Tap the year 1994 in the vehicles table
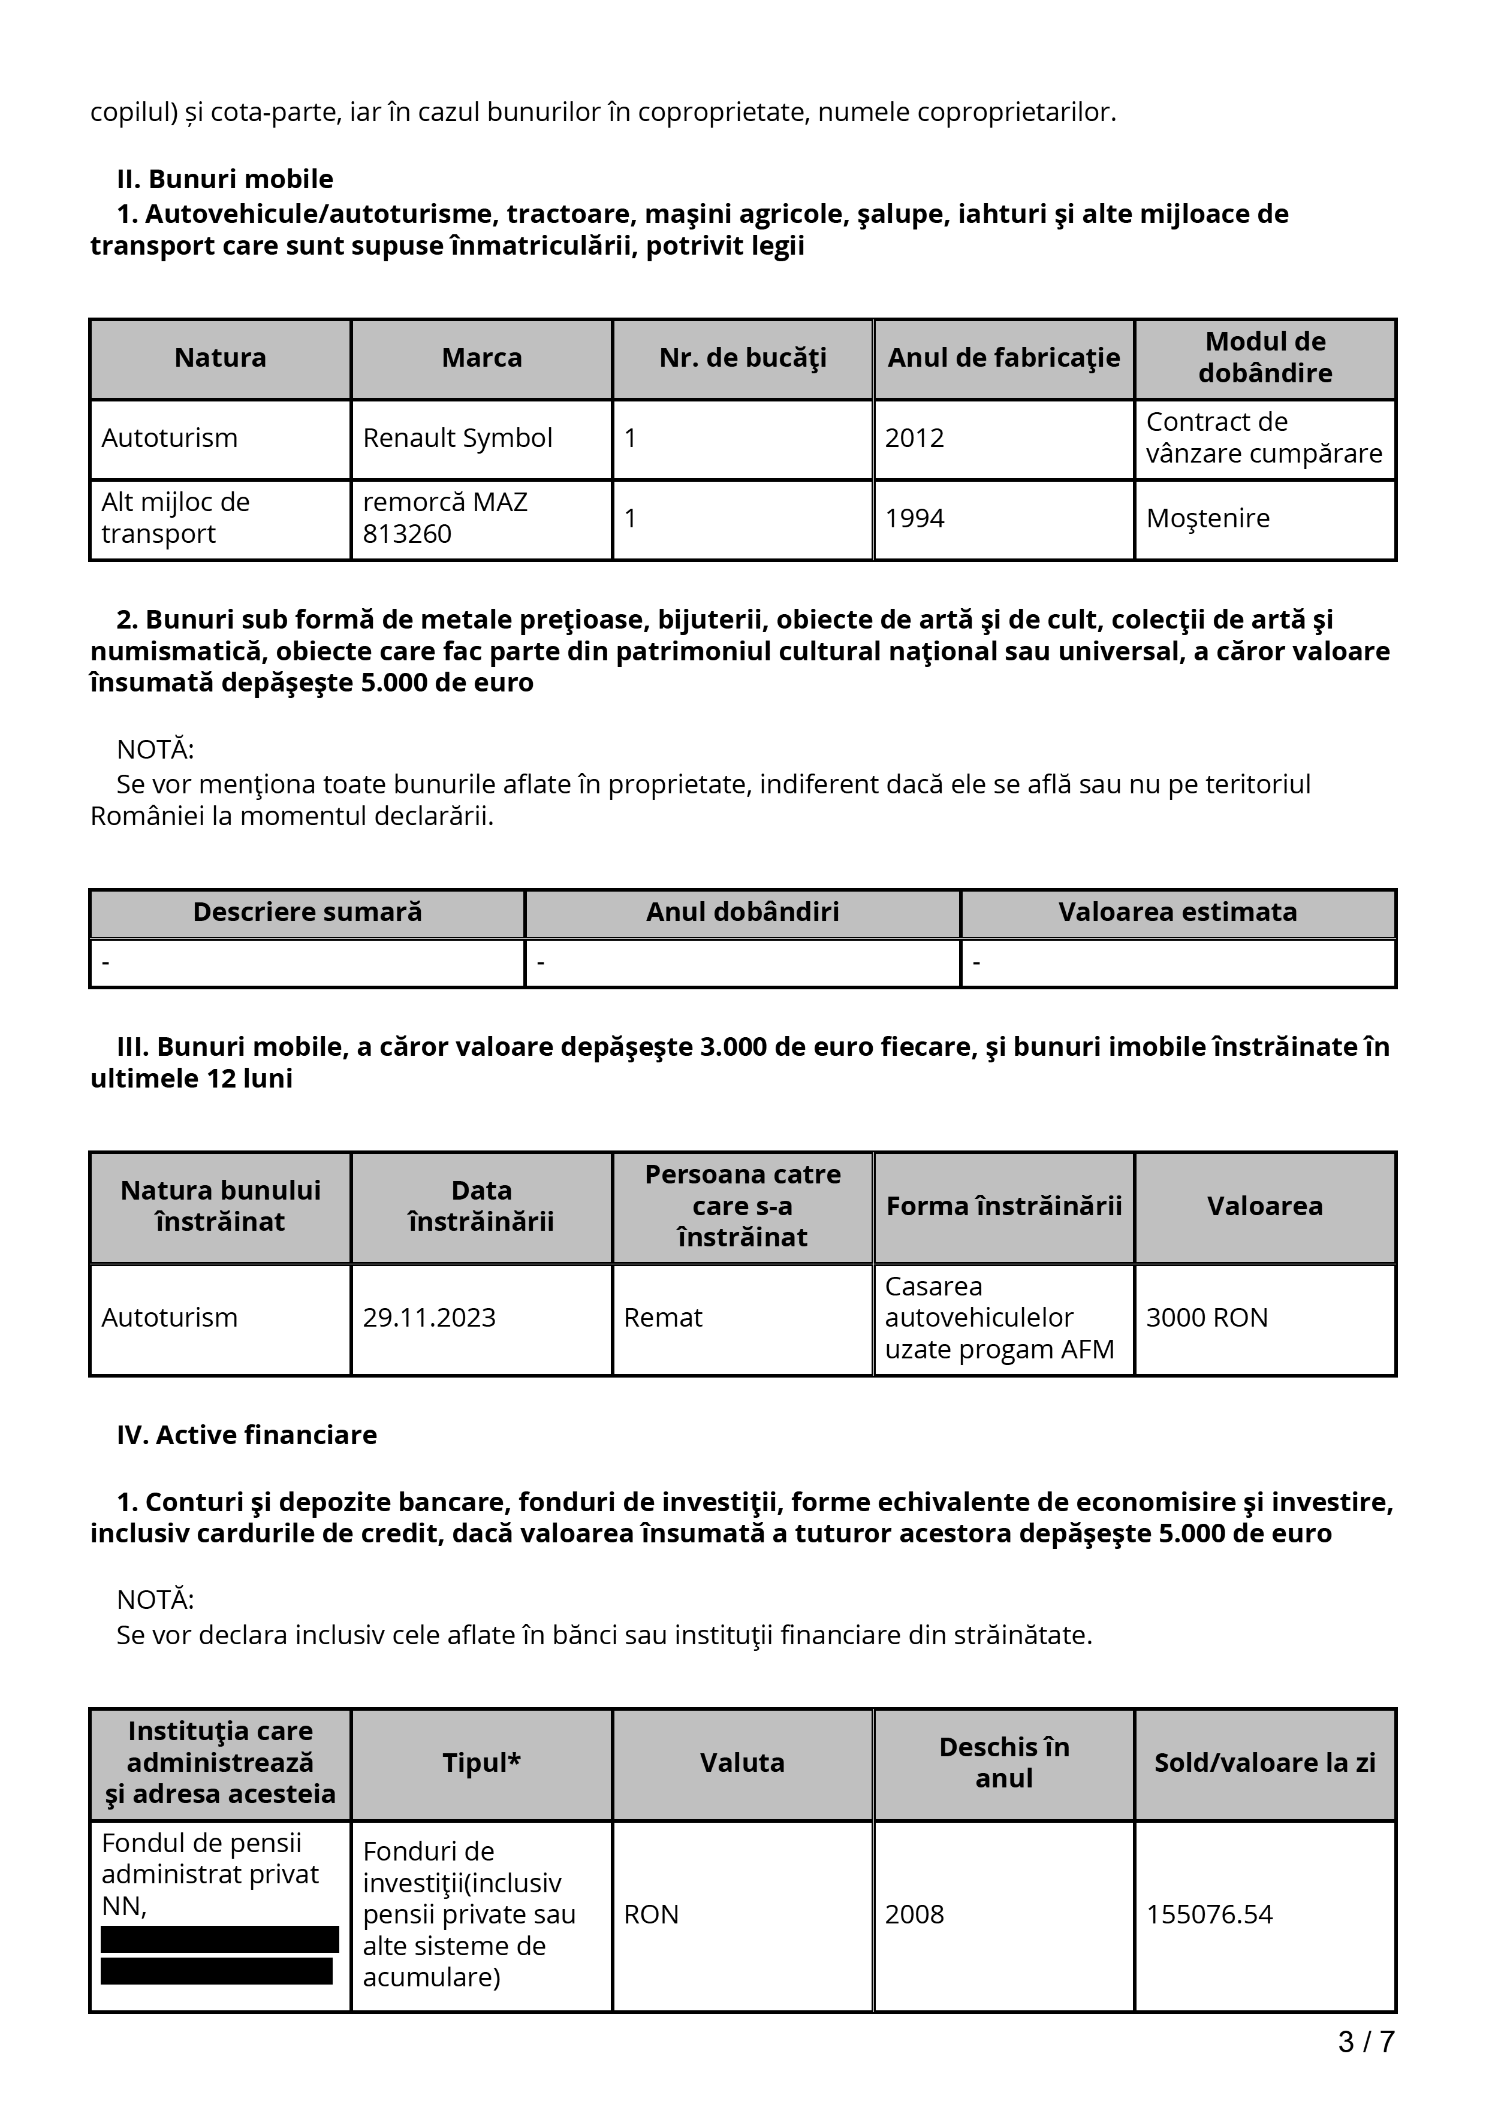click(914, 518)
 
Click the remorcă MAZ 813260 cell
click(445, 518)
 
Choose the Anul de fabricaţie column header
click(1003, 357)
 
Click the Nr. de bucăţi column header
click(743, 357)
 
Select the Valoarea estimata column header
click(1177, 912)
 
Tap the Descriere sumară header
click(308, 912)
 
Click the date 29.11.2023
click(429, 1318)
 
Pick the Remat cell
click(663, 1318)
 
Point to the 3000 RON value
click(1207, 1318)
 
